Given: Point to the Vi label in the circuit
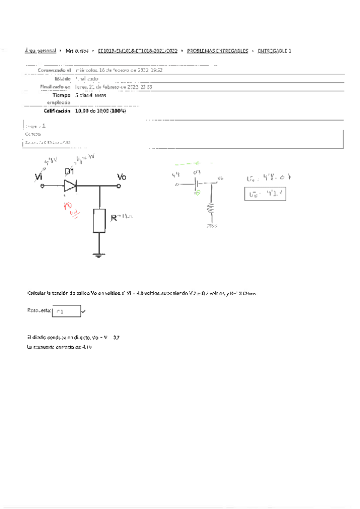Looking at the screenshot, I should point(39,176).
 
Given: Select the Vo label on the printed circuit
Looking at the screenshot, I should point(121,176).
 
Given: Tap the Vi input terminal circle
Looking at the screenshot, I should point(43,186).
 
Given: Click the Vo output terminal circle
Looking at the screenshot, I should point(120,186).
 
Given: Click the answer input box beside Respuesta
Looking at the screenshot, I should point(65,311).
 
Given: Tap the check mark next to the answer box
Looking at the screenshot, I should point(83,311).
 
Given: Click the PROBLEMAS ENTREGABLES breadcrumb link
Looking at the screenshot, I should point(218,52).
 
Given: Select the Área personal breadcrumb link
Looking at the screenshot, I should point(40,52).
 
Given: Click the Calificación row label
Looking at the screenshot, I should point(57,111).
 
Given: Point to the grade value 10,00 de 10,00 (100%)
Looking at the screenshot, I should point(101,111).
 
